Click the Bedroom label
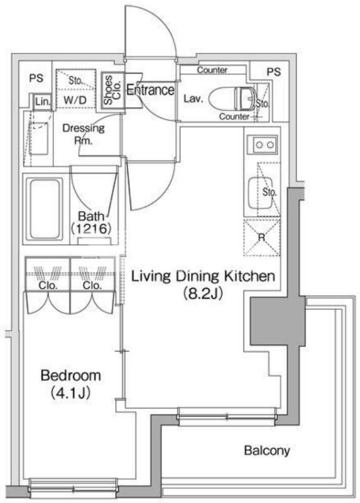(x=70, y=375)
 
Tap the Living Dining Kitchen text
(x=203, y=276)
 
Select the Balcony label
(x=267, y=451)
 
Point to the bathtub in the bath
(x=45, y=209)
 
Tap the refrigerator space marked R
(x=261, y=238)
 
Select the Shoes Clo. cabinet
(x=112, y=89)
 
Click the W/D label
(x=75, y=100)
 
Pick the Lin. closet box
(x=43, y=102)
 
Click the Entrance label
(x=150, y=90)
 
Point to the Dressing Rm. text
(x=84, y=134)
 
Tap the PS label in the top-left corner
(x=36, y=79)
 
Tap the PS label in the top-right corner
(x=274, y=72)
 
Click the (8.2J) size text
(x=202, y=294)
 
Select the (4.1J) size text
(x=70, y=393)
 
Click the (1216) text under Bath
(x=91, y=229)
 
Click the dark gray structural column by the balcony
(x=278, y=321)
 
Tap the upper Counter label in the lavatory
(x=212, y=70)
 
